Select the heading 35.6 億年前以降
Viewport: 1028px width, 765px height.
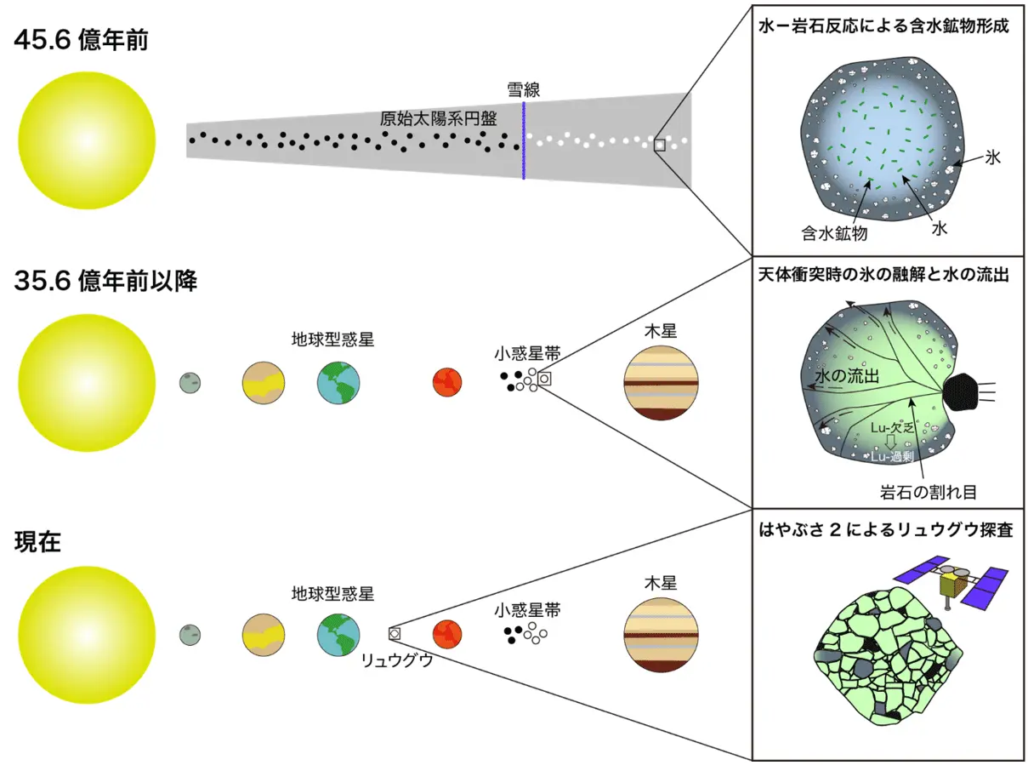point(105,282)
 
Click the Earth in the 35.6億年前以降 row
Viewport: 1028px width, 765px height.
point(338,381)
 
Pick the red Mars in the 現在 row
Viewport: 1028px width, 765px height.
point(446,634)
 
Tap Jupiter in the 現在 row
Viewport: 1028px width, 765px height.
point(662,635)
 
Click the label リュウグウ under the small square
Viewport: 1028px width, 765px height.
point(397,659)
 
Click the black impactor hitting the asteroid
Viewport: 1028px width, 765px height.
point(965,392)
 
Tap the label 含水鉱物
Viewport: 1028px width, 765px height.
point(833,231)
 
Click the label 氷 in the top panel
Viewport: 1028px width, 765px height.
point(993,157)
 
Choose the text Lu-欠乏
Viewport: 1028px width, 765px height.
point(892,428)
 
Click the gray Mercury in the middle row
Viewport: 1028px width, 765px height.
point(190,382)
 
